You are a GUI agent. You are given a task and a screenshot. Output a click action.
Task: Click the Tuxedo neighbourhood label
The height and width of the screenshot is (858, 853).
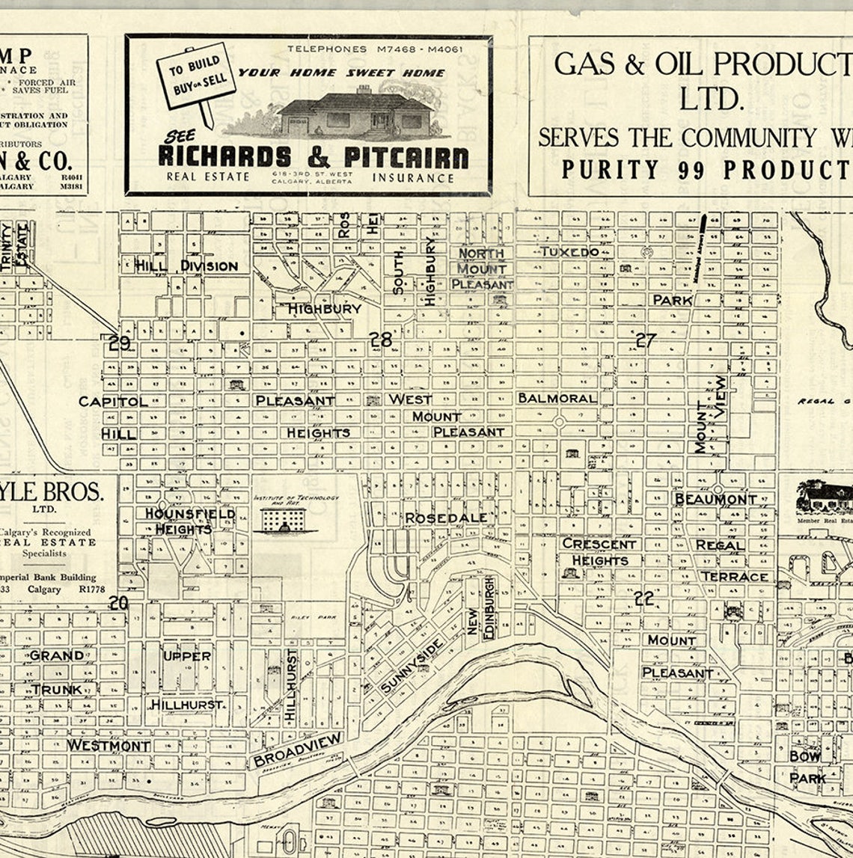pyautogui.click(x=569, y=252)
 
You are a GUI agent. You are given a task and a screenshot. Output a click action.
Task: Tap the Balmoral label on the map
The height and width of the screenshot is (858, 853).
pyautogui.click(x=557, y=398)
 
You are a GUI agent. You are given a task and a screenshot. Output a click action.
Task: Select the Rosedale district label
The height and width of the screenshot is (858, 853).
pyautogui.click(x=446, y=518)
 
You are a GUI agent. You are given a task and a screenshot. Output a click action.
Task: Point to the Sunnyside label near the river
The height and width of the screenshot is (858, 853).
pyautogui.click(x=412, y=666)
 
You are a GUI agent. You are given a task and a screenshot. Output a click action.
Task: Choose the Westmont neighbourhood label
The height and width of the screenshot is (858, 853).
pyautogui.click(x=108, y=746)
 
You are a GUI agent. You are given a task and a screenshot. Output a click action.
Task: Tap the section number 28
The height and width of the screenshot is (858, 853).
pyautogui.click(x=380, y=340)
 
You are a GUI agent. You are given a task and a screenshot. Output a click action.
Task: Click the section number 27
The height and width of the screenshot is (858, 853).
pyautogui.click(x=645, y=340)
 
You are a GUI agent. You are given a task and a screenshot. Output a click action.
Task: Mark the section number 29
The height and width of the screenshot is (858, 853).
pyautogui.click(x=119, y=343)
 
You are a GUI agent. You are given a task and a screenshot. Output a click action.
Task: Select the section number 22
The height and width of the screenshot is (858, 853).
pyautogui.click(x=643, y=598)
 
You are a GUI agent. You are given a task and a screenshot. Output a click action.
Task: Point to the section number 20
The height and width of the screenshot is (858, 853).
pyautogui.click(x=118, y=603)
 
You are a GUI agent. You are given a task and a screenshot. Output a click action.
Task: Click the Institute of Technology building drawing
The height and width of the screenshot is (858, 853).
pyautogui.click(x=284, y=519)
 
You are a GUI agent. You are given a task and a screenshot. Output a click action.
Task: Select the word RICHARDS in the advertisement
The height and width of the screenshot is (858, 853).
pyautogui.click(x=224, y=157)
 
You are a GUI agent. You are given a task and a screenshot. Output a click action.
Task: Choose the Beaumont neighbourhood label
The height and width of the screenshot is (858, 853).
pyautogui.click(x=715, y=499)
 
